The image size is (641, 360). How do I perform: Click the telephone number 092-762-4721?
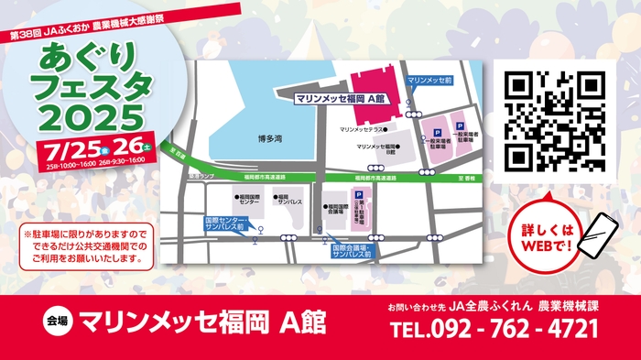click(x=494, y=328)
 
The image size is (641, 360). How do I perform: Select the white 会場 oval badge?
click(x=57, y=322)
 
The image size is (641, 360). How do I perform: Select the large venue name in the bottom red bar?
click(x=201, y=322)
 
